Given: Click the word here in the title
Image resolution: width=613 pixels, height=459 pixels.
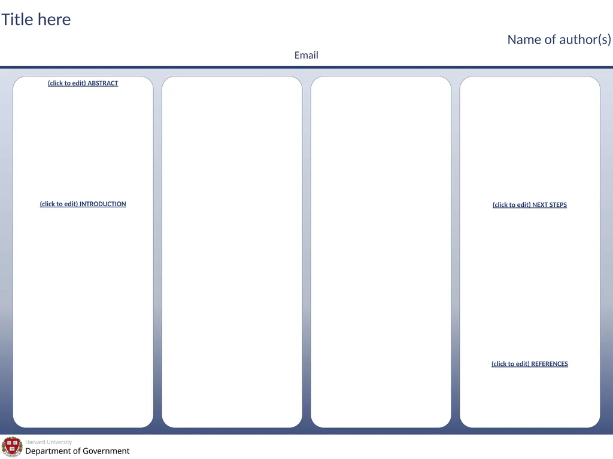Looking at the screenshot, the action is point(54,20).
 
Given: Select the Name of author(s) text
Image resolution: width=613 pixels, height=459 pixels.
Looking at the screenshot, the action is point(559,39).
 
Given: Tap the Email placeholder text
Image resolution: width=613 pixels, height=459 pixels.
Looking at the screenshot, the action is point(306,55).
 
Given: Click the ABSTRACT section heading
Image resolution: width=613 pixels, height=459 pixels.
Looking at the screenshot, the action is point(83,83).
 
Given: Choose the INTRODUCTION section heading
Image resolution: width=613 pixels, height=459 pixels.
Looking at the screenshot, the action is point(83,204).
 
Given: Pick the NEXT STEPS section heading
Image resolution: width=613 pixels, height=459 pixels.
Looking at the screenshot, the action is point(530,204).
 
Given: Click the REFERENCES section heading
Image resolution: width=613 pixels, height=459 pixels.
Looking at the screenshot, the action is point(530,364).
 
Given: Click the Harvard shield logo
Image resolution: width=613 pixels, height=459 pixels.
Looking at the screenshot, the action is point(12,447).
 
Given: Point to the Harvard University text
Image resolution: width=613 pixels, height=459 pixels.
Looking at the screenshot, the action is point(48,442).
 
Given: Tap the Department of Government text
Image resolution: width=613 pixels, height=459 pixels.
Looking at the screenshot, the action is point(77,451).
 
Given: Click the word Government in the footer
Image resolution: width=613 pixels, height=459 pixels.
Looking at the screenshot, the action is point(106,451).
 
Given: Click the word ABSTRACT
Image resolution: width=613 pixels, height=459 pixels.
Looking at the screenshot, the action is point(103,83).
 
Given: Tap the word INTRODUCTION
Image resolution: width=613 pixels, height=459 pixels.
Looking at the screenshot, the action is point(103,204).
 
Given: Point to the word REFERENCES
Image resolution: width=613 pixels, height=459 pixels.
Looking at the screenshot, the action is point(550,364).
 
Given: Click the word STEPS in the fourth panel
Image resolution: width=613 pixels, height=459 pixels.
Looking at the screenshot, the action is point(559,204).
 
